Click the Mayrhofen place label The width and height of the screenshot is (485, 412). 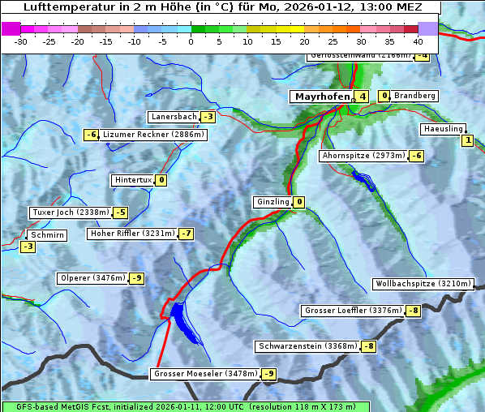tap(322, 97)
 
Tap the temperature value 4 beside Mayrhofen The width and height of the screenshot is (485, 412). tap(363, 97)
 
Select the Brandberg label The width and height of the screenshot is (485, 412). tap(414, 96)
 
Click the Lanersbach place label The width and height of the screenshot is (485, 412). tap(174, 117)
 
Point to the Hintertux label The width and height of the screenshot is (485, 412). tap(133, 180)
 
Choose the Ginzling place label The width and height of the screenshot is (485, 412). tap(273, 202)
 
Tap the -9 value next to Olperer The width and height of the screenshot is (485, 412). tap(137, 278)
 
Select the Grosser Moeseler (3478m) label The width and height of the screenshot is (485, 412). tap(205, 374)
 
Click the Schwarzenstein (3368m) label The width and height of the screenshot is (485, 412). tap(307, 346)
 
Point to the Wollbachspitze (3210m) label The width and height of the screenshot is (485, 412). tap(422, 284)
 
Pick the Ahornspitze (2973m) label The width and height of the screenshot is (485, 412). tap(363, 155)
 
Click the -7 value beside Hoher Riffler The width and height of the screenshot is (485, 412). tap(186, 234)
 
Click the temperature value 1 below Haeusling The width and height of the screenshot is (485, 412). tap(467, 141)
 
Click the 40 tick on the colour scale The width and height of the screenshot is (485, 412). tap(418, 41)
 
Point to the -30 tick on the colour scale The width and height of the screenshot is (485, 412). tap(21, 41)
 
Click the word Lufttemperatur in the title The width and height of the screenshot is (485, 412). tap(64, 7)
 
